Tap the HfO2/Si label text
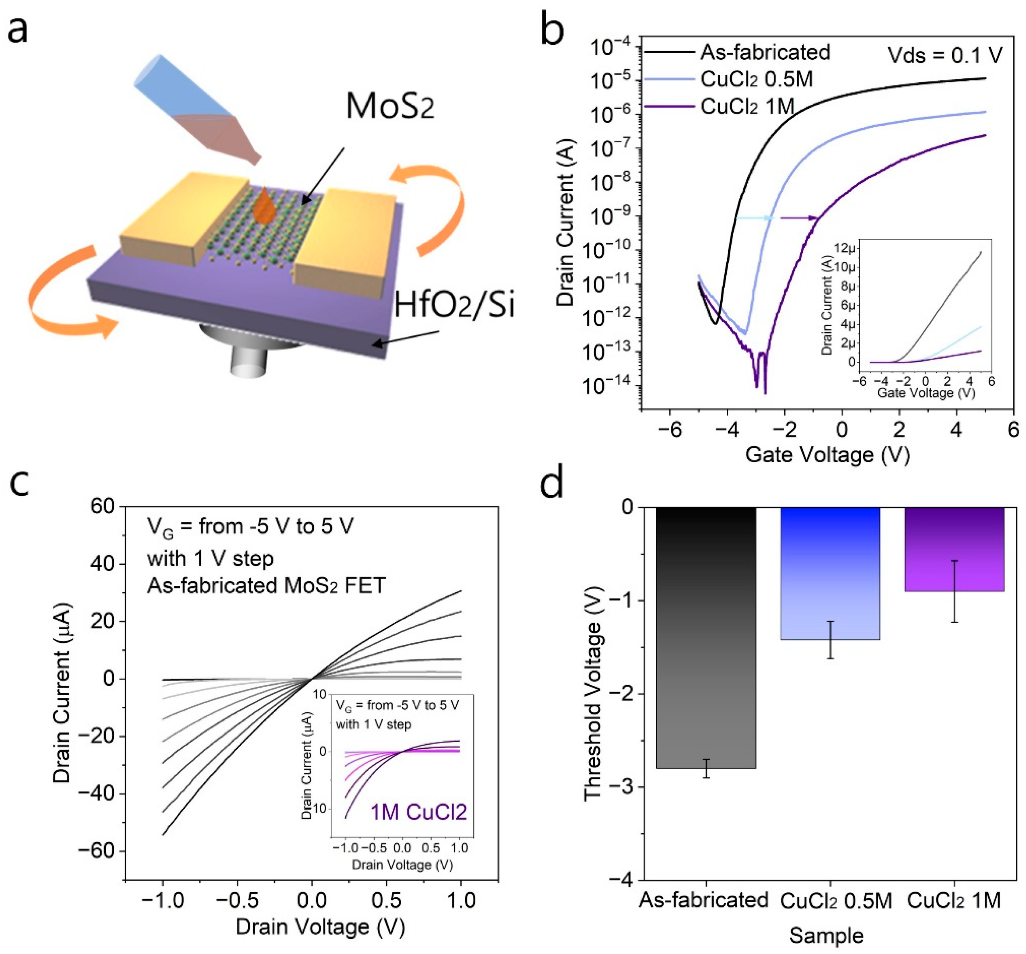coord(454,305)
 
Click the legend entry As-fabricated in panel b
coord(764,52)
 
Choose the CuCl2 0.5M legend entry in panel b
coord(756,79)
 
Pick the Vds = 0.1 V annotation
coord(945,55)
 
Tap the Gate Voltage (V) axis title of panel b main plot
coord(827,455)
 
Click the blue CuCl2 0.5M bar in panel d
coord(830,573)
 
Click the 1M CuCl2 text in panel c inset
coord(418,812)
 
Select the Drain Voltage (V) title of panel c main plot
coord(320,927)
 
